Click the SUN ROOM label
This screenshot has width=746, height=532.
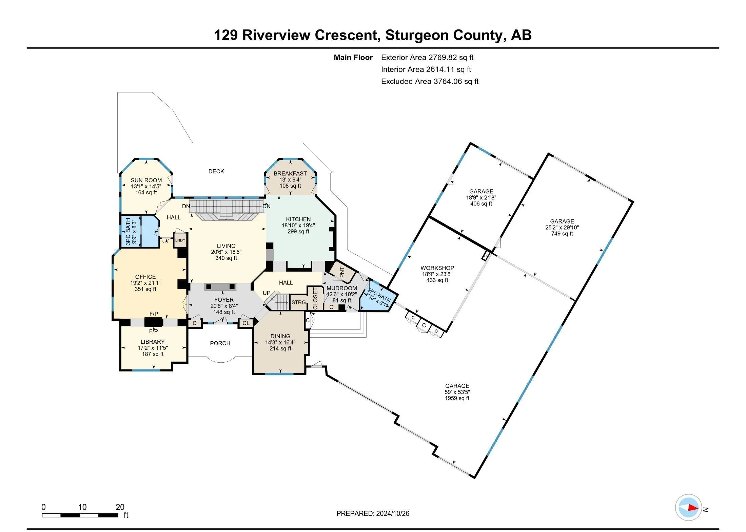click(146, 180)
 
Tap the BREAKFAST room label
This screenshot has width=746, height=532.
click(290, 173)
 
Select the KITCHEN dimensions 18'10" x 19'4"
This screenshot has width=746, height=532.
click(298, 225)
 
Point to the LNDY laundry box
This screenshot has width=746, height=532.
click(180, 240)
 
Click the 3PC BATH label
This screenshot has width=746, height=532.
click(128, 231)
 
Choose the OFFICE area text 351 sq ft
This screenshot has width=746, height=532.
click(145, 289)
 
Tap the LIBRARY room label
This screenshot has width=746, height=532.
click(153, 342)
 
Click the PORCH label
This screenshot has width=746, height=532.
click(220, 343)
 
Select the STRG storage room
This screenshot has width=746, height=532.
click(298, 302)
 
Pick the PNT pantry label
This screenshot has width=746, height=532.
click(342, 272)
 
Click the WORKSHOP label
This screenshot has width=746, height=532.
click(437, 268)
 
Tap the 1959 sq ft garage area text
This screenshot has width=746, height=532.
click(457, 398)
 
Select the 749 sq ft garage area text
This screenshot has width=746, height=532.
click(562, 234)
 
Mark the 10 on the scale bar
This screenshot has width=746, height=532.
click(82, 507)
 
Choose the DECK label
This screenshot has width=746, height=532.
click(216, 171)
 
